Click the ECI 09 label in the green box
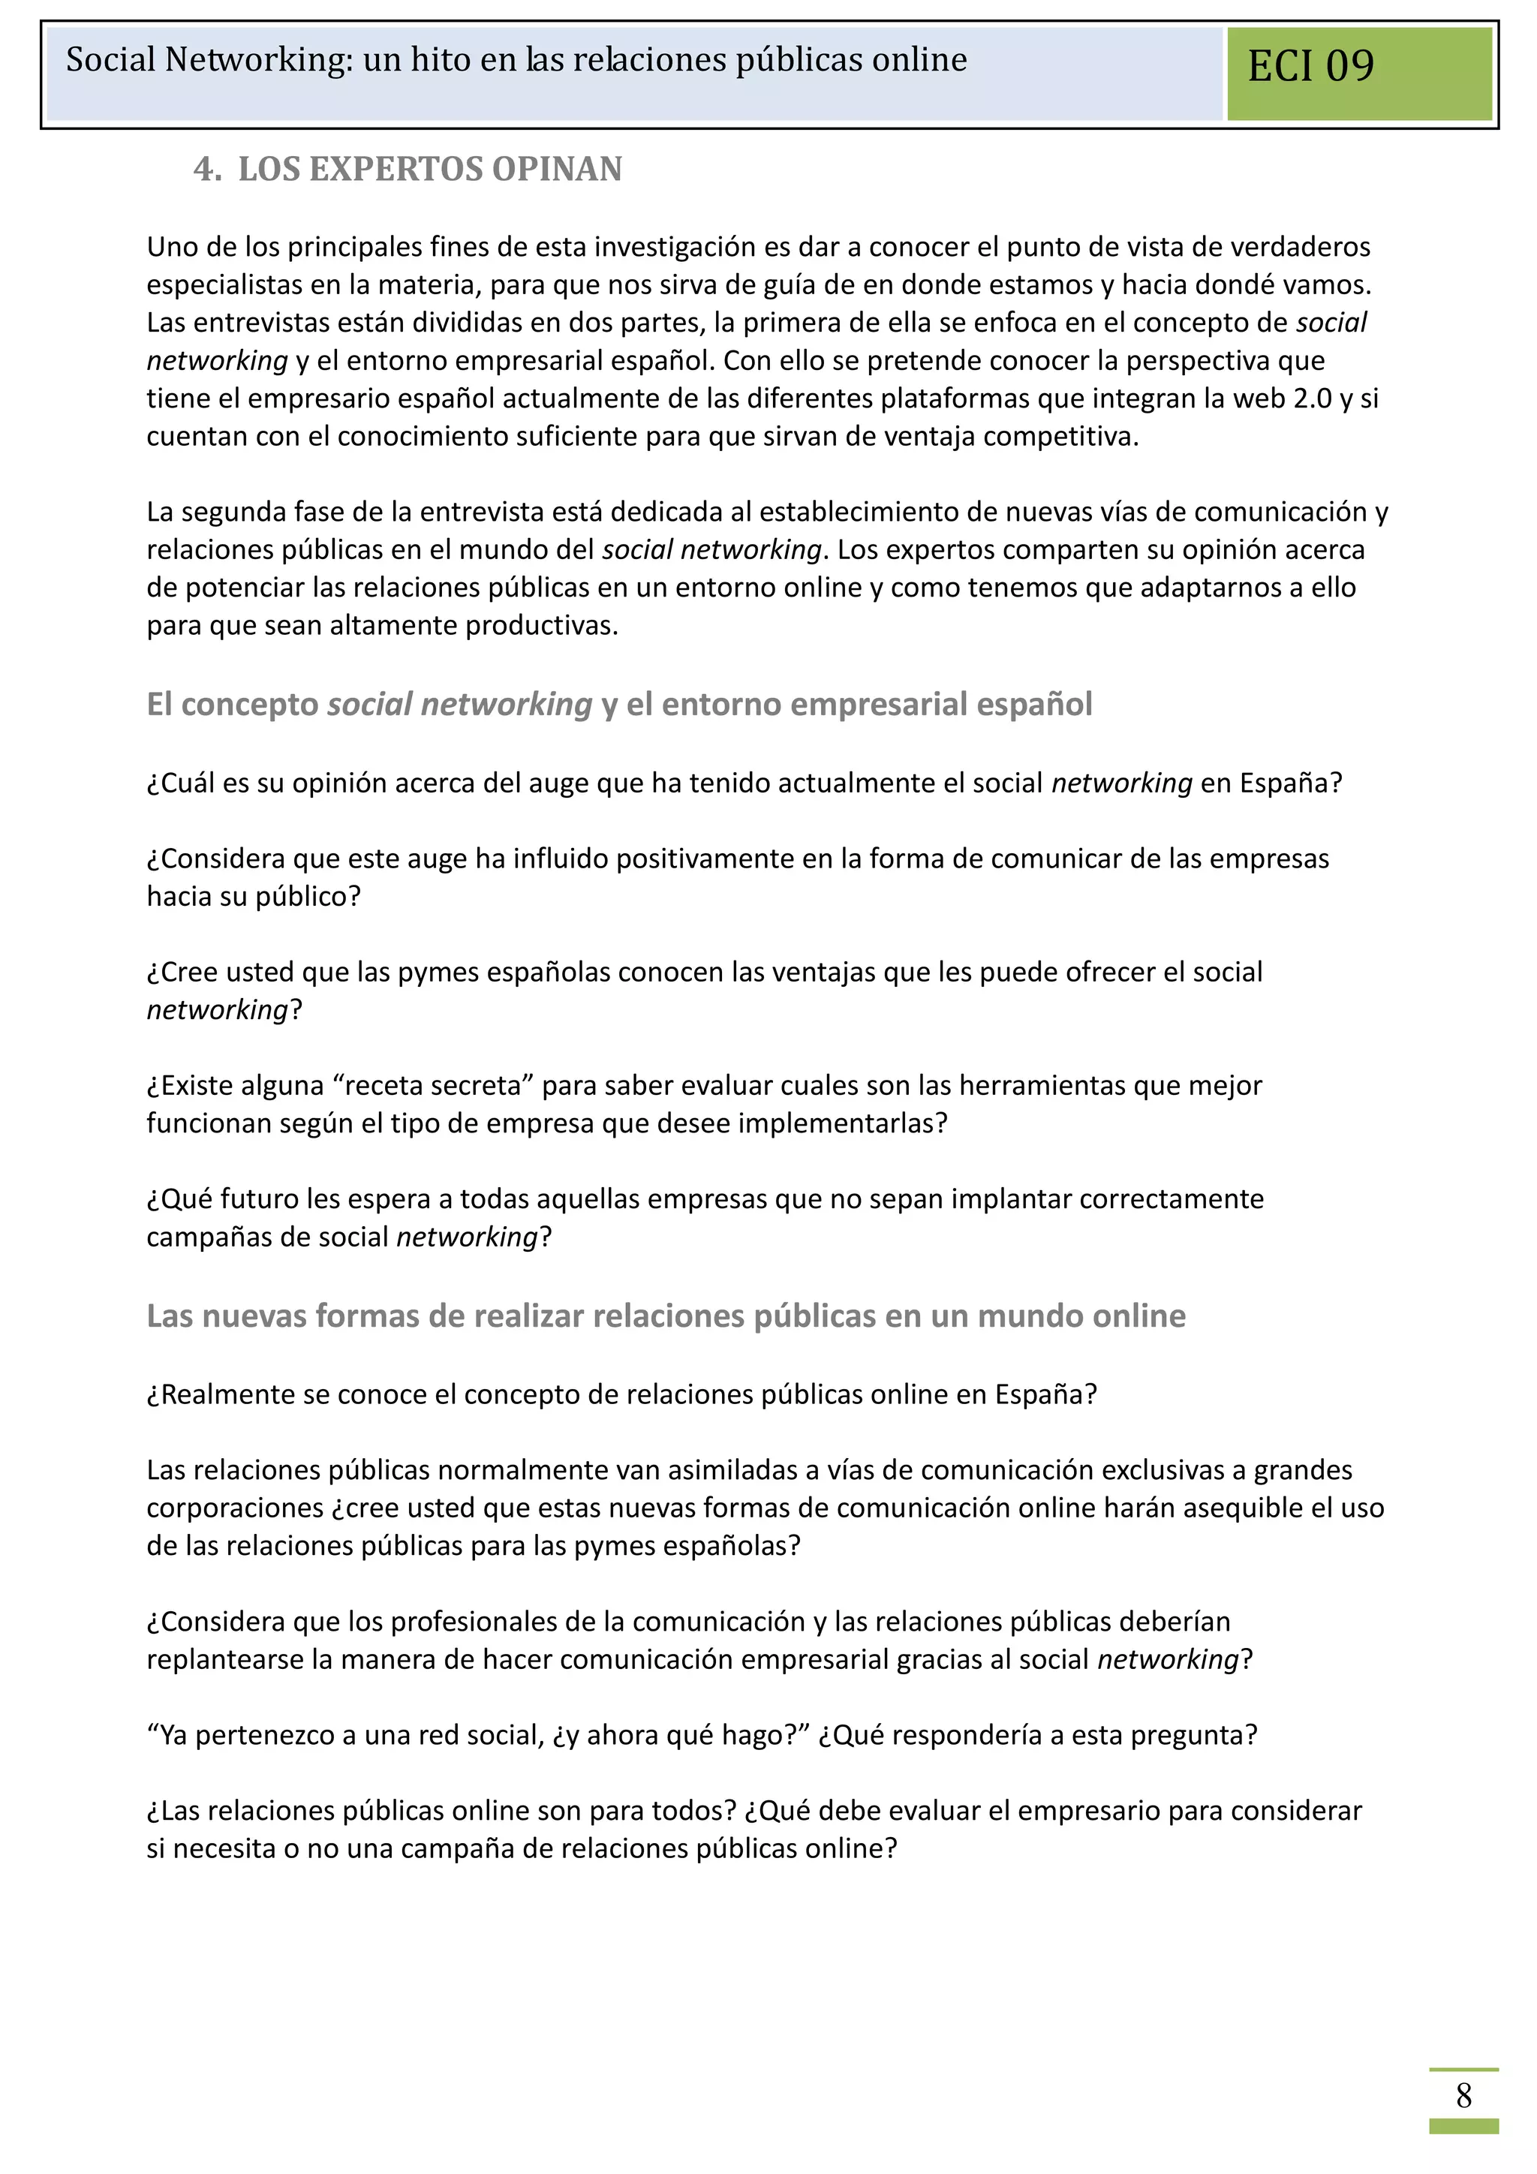click(x=1310, y=66)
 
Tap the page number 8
click(x=1463, y=2095)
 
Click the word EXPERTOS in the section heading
click(x=396, y=170)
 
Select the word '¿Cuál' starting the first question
click(x=181, y=783)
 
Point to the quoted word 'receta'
click(x=391, y=1085)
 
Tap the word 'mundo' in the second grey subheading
click(x=1030, y=1316)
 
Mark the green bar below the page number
click(x=1463, y=2127)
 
